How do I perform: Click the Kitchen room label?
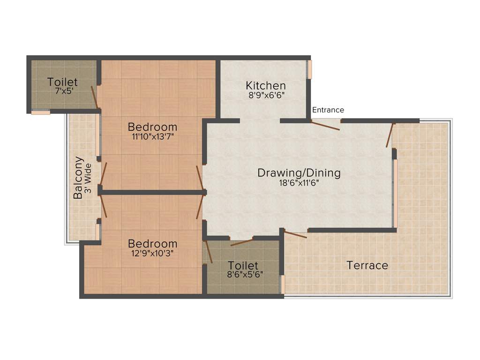click(266, 86)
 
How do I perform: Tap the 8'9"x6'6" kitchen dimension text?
click(266, 95)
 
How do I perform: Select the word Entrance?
click(328, 110)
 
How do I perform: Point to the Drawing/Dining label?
click(299, 173)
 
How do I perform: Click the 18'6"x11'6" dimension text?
click(299, 183)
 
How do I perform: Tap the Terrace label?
click(367, 265)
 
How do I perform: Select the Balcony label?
click(78, 178)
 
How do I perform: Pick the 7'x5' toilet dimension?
click(62, 91)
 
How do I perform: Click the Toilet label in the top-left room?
click(62, 82)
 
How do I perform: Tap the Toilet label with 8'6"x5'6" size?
click(243, 266)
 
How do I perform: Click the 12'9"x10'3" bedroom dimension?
click(153, 254)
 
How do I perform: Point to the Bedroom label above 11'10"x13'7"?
click(153, 127)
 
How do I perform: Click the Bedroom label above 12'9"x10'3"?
click(153, 244)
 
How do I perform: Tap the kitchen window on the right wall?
click(309, 69)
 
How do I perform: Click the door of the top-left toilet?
click(95, 97)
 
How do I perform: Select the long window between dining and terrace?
click(396, 193)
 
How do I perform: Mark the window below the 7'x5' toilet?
click(40, 112)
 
